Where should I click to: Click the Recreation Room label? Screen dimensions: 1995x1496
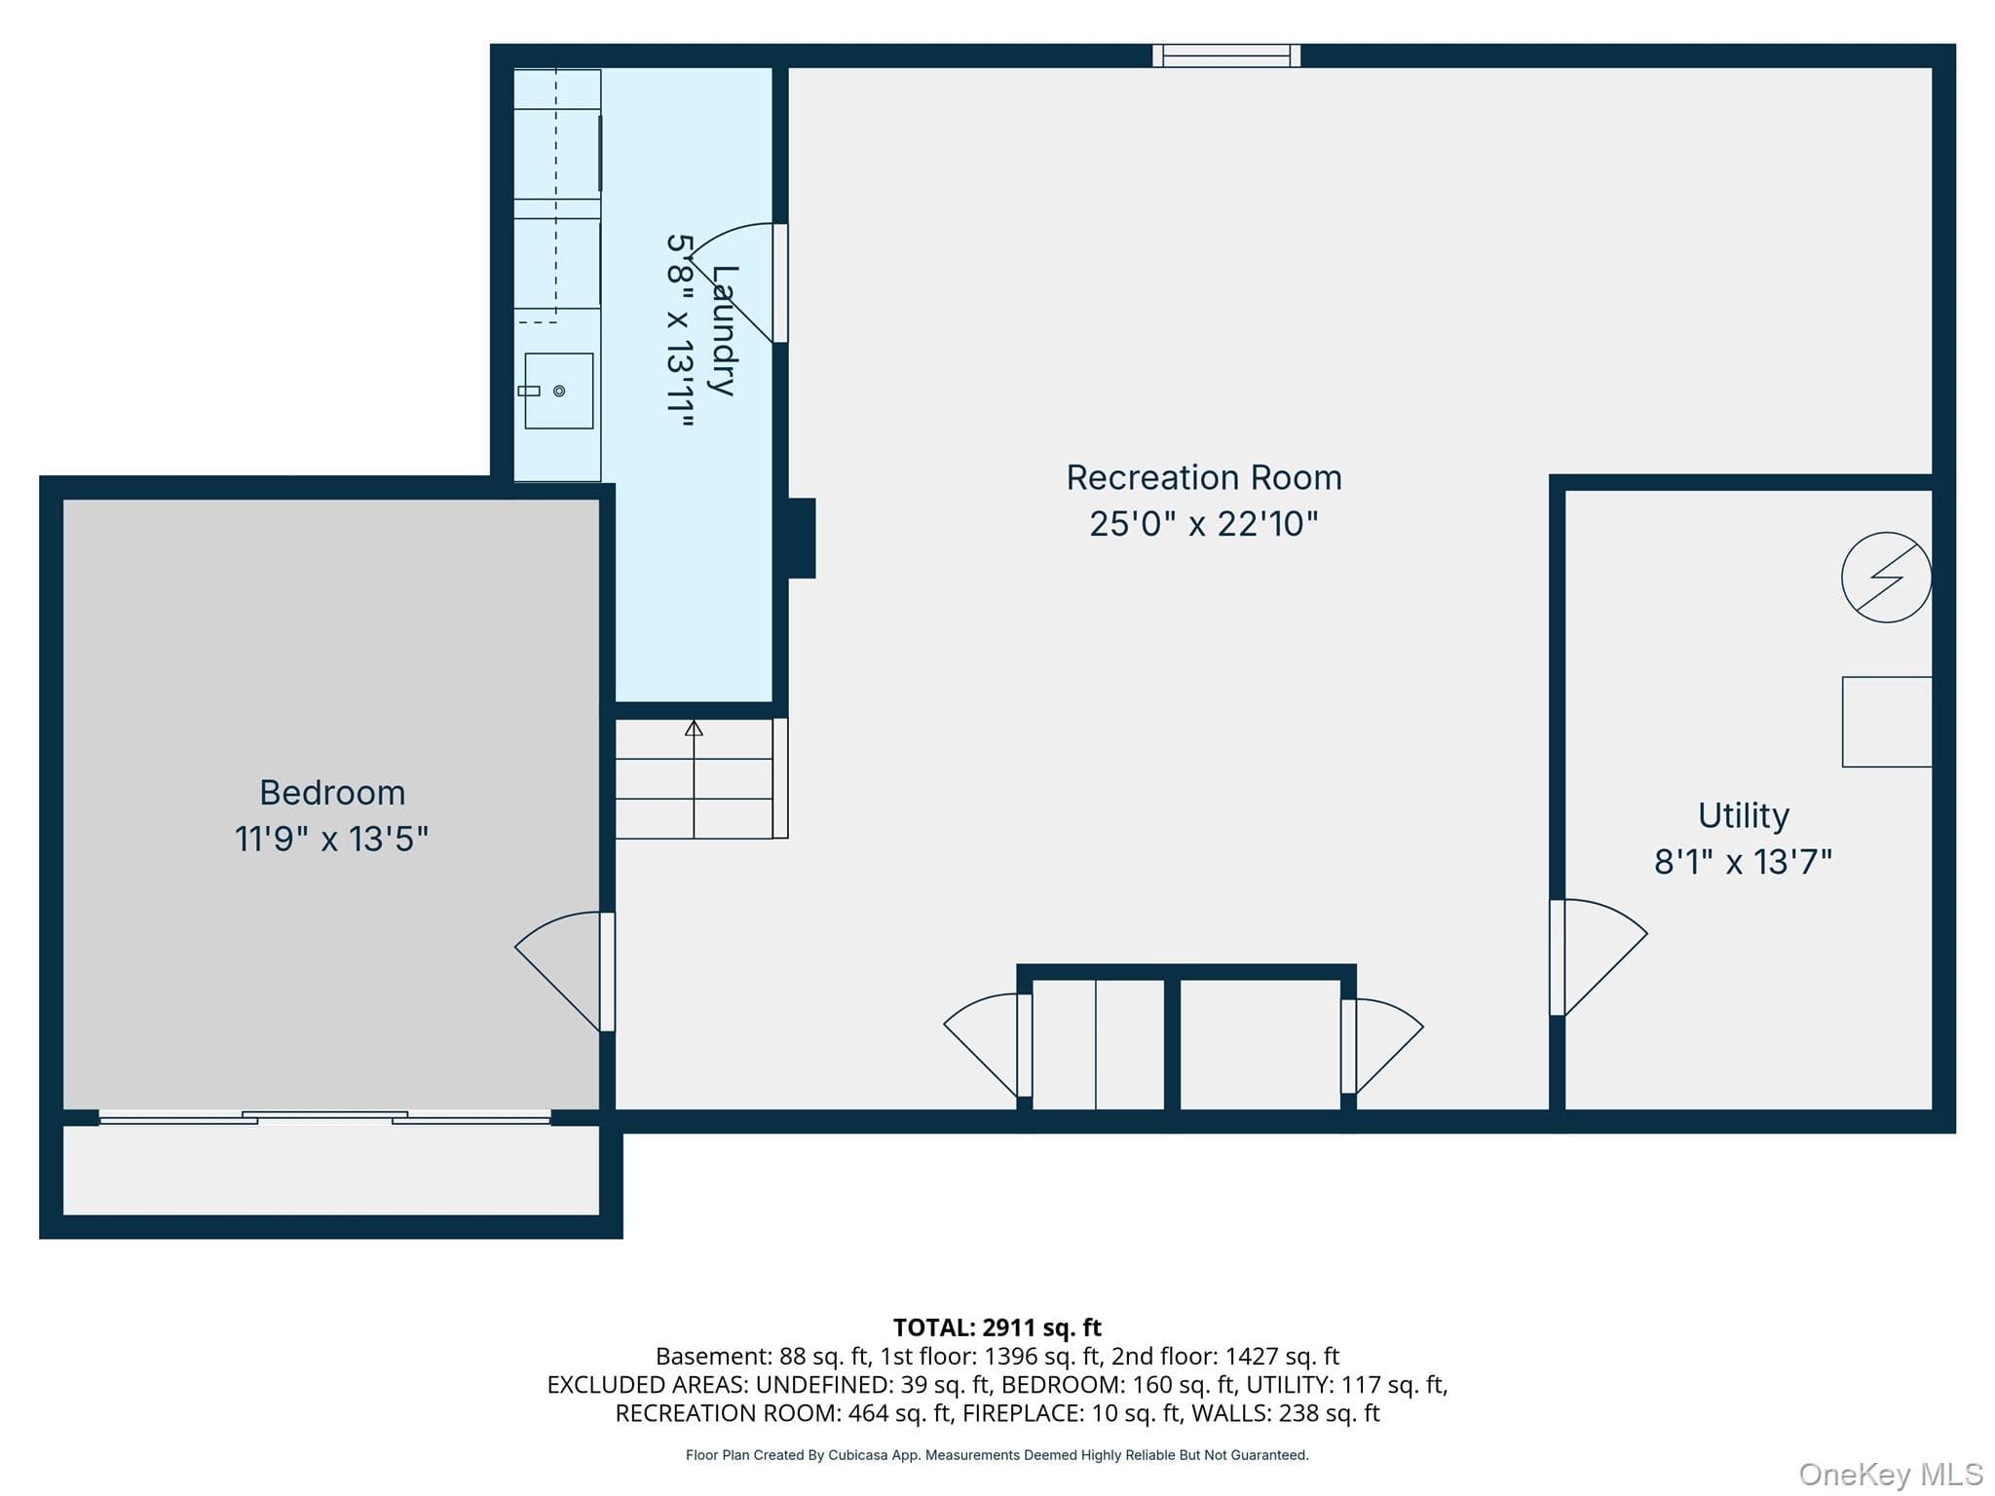[1204, 477]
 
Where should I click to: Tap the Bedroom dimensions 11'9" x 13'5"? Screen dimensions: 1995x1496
[331, 839]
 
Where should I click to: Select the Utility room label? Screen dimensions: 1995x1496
[1744, 815]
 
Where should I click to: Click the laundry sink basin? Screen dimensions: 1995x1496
[559, 391]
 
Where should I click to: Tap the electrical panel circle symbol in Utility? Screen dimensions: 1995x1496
[1886, 577]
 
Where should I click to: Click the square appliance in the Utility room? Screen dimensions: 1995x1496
[1887, 722]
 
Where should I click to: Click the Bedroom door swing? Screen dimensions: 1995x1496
[558, 971]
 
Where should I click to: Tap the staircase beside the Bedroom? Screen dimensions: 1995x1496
[695, 778]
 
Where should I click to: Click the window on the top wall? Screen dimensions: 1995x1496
[1226, 56]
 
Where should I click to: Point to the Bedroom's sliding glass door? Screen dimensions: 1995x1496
[325, 1118]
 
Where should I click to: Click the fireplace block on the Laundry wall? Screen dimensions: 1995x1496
[801, 539]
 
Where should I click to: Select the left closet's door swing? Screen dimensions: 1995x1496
[982, 1045]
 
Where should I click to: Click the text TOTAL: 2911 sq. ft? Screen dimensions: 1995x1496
[997, 1328]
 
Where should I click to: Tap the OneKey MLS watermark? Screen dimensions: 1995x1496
[1891, 1475]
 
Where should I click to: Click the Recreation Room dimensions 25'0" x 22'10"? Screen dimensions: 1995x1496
[1204, 524]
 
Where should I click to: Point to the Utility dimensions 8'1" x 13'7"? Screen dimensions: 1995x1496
[1744, 862]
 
